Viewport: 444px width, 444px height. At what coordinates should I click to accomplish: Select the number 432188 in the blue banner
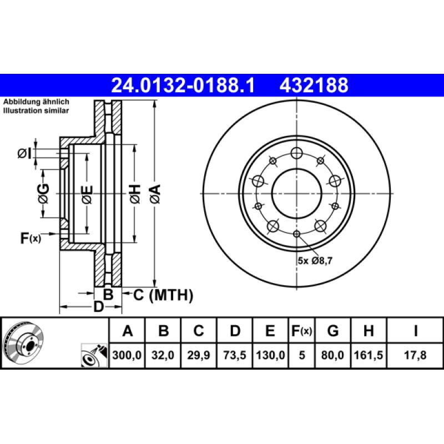pos(315,85)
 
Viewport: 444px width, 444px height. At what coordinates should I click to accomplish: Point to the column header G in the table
pos(332,331)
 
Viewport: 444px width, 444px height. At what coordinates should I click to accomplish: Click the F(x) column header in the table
pos(302,331)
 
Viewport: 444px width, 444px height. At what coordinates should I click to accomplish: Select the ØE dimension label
pos(87,194)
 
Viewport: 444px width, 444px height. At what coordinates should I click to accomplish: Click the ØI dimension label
pos(23,153)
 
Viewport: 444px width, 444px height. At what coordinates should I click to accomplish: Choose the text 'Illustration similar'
pos(36,111)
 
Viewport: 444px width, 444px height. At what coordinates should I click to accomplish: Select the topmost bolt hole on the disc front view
pos(297,153)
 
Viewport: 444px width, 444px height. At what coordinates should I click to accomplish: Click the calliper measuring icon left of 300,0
pos(93,356)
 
